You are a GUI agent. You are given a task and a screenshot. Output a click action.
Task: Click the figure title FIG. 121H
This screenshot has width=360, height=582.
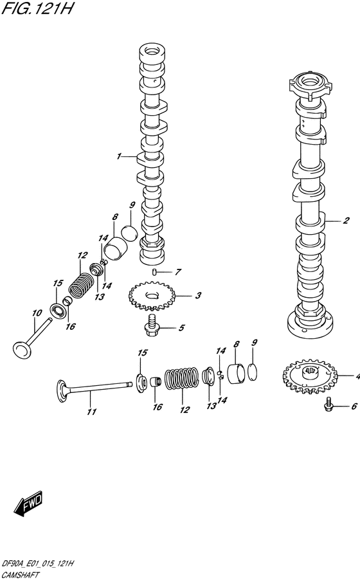(x=37, y=8)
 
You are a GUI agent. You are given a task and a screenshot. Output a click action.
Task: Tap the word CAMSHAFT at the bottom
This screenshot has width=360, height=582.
(x=21, y=576)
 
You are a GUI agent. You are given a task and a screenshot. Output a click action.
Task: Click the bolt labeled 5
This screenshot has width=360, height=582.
(x=152, y=325)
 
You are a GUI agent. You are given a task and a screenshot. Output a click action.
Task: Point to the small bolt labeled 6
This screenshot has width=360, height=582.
(x=328, y=405)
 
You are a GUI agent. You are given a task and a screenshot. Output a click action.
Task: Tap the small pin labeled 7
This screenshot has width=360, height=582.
(x=154, y=273)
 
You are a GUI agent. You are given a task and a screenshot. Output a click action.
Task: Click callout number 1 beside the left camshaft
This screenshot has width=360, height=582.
(x=119, y=156)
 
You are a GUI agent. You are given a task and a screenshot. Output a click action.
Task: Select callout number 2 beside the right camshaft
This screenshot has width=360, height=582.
(x=346, y=221)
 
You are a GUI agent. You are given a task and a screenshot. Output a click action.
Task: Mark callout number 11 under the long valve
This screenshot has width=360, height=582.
(x=92, y=412)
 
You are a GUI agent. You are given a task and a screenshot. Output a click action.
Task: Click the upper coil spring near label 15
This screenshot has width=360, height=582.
(x=82, y=285)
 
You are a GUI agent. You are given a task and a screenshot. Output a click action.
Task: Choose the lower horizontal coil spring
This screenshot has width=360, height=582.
(x=181, y=379)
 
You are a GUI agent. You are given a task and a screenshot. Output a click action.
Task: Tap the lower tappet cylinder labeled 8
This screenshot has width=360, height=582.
(x=236, y=374)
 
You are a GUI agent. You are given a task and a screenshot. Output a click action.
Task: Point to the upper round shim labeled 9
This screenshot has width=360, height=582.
(x=129, y=233)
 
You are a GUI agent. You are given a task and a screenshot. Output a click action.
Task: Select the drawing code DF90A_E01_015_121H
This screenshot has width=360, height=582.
(x=37, y=564)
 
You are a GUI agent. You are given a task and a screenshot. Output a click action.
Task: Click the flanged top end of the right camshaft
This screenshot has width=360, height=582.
(x=309, y=86)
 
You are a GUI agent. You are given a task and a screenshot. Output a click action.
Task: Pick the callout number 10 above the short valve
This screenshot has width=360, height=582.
(x=37, y=313)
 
